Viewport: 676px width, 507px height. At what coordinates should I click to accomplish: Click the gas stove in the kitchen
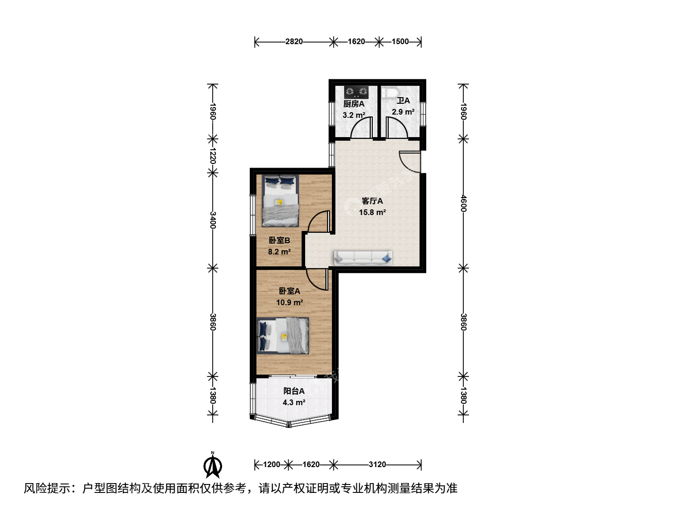pos(356,92)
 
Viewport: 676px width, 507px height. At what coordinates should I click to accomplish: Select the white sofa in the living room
pos(363,258)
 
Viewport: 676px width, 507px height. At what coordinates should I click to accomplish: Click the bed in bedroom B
pos(280,201)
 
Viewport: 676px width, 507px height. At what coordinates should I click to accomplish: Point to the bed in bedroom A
pos(283,336)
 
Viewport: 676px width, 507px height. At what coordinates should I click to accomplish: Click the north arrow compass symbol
pos(213,465)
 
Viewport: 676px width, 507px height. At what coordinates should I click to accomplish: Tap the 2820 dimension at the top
pos(294,42)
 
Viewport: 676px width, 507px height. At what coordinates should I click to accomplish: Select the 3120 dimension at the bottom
pos(377,464)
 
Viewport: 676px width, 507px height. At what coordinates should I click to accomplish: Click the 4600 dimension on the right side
pos(463,203)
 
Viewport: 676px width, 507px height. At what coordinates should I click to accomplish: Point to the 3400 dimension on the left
pos(213,220)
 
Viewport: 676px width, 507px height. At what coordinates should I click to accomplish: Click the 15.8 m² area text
pos(372,212)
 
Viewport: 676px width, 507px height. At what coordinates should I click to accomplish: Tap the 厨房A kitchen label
pos(354,104)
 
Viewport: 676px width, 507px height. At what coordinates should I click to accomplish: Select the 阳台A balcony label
pos(294,391)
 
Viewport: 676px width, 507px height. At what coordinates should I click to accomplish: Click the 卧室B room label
pos(279,240)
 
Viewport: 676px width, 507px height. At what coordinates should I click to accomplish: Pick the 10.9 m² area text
pos(290,302)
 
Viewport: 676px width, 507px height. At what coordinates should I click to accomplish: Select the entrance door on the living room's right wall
pos(410,161)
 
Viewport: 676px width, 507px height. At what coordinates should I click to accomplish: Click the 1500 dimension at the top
pos(400,42)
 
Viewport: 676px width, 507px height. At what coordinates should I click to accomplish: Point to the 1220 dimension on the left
pos(213,156)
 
